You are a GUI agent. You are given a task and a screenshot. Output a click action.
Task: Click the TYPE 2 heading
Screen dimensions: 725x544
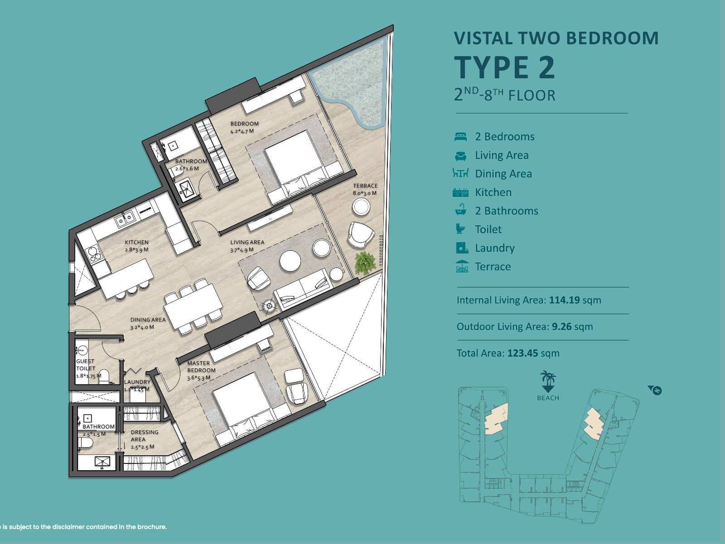tap(504, 67)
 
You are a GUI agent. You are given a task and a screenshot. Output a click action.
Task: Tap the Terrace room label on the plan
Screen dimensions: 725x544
tap(365, 186)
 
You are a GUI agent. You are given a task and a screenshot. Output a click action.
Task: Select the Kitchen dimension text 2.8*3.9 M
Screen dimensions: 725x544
tap(137, 250)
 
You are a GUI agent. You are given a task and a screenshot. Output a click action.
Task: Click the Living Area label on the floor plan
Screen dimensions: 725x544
tap(247, 242)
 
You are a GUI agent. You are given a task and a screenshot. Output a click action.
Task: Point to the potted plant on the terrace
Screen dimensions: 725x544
tap(365, 263)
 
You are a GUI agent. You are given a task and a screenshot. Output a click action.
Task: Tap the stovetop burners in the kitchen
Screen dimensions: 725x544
tap(95, 254)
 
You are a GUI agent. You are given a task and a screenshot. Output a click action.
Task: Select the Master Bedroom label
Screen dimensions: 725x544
tap(201, 367)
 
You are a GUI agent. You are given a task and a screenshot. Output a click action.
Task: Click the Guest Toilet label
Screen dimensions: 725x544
tap(86, 365)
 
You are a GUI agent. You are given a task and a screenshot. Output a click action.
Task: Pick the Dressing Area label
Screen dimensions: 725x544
tap(145, 435)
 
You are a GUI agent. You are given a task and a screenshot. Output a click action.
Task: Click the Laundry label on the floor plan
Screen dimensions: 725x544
tap(137, 382)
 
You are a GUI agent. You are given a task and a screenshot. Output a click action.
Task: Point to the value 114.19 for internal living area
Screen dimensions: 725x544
tap(564, 300)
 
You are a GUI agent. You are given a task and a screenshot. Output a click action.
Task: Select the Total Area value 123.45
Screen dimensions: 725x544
tap(523, 353)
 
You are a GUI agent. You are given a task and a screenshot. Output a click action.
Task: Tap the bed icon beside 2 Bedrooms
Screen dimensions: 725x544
tap(460, 137)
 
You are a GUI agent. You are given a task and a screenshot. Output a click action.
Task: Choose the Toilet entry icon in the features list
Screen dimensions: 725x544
tap(460, 229)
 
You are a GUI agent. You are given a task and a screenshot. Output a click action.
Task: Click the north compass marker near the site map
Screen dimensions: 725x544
tap(655, 390)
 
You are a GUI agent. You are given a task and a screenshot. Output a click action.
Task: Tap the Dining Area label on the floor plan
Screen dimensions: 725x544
tap(148, 320)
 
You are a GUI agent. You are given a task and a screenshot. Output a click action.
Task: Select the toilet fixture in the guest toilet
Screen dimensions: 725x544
tap(104, 377)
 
